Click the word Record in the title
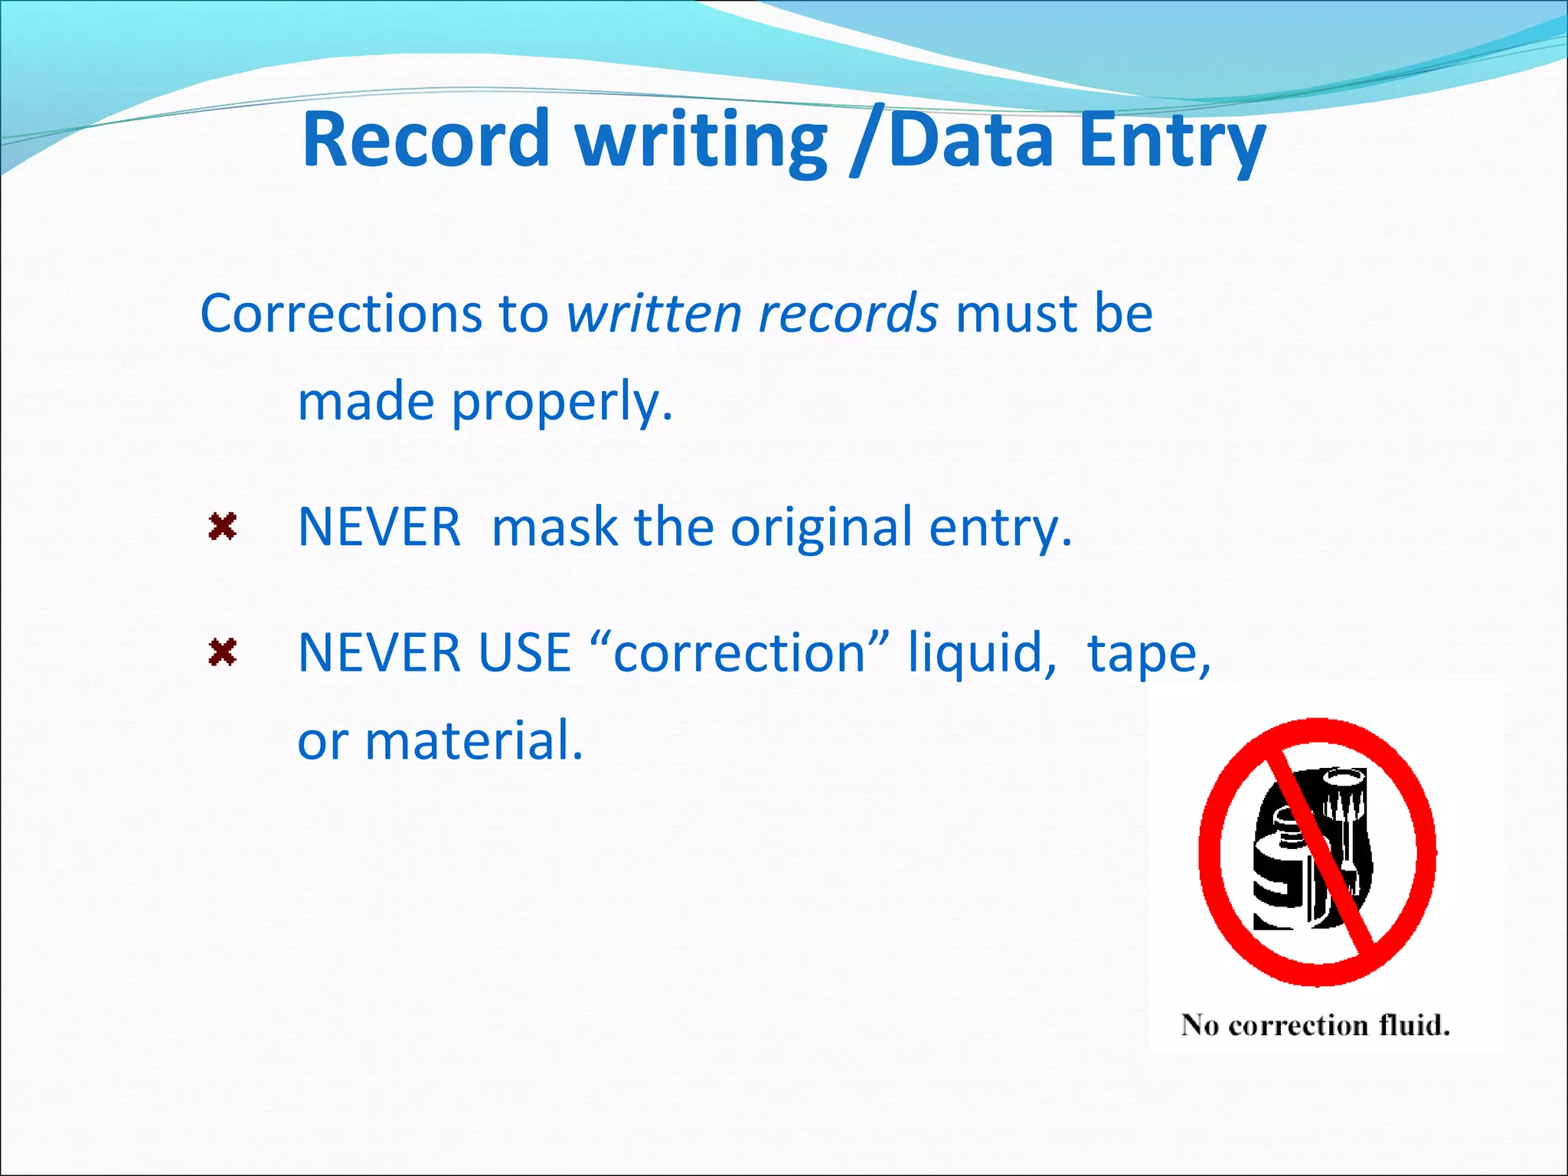click(x=426, y=140)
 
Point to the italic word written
click(x=654, y=314)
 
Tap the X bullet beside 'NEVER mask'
click(x=222, y=527)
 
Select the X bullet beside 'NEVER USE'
click(x=222, y=653)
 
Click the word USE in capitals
click(x=524, y=653)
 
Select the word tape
click(x=1148, y=653)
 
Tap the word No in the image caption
click(x=1200, y=1024)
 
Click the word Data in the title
click(x=972, y=140)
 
